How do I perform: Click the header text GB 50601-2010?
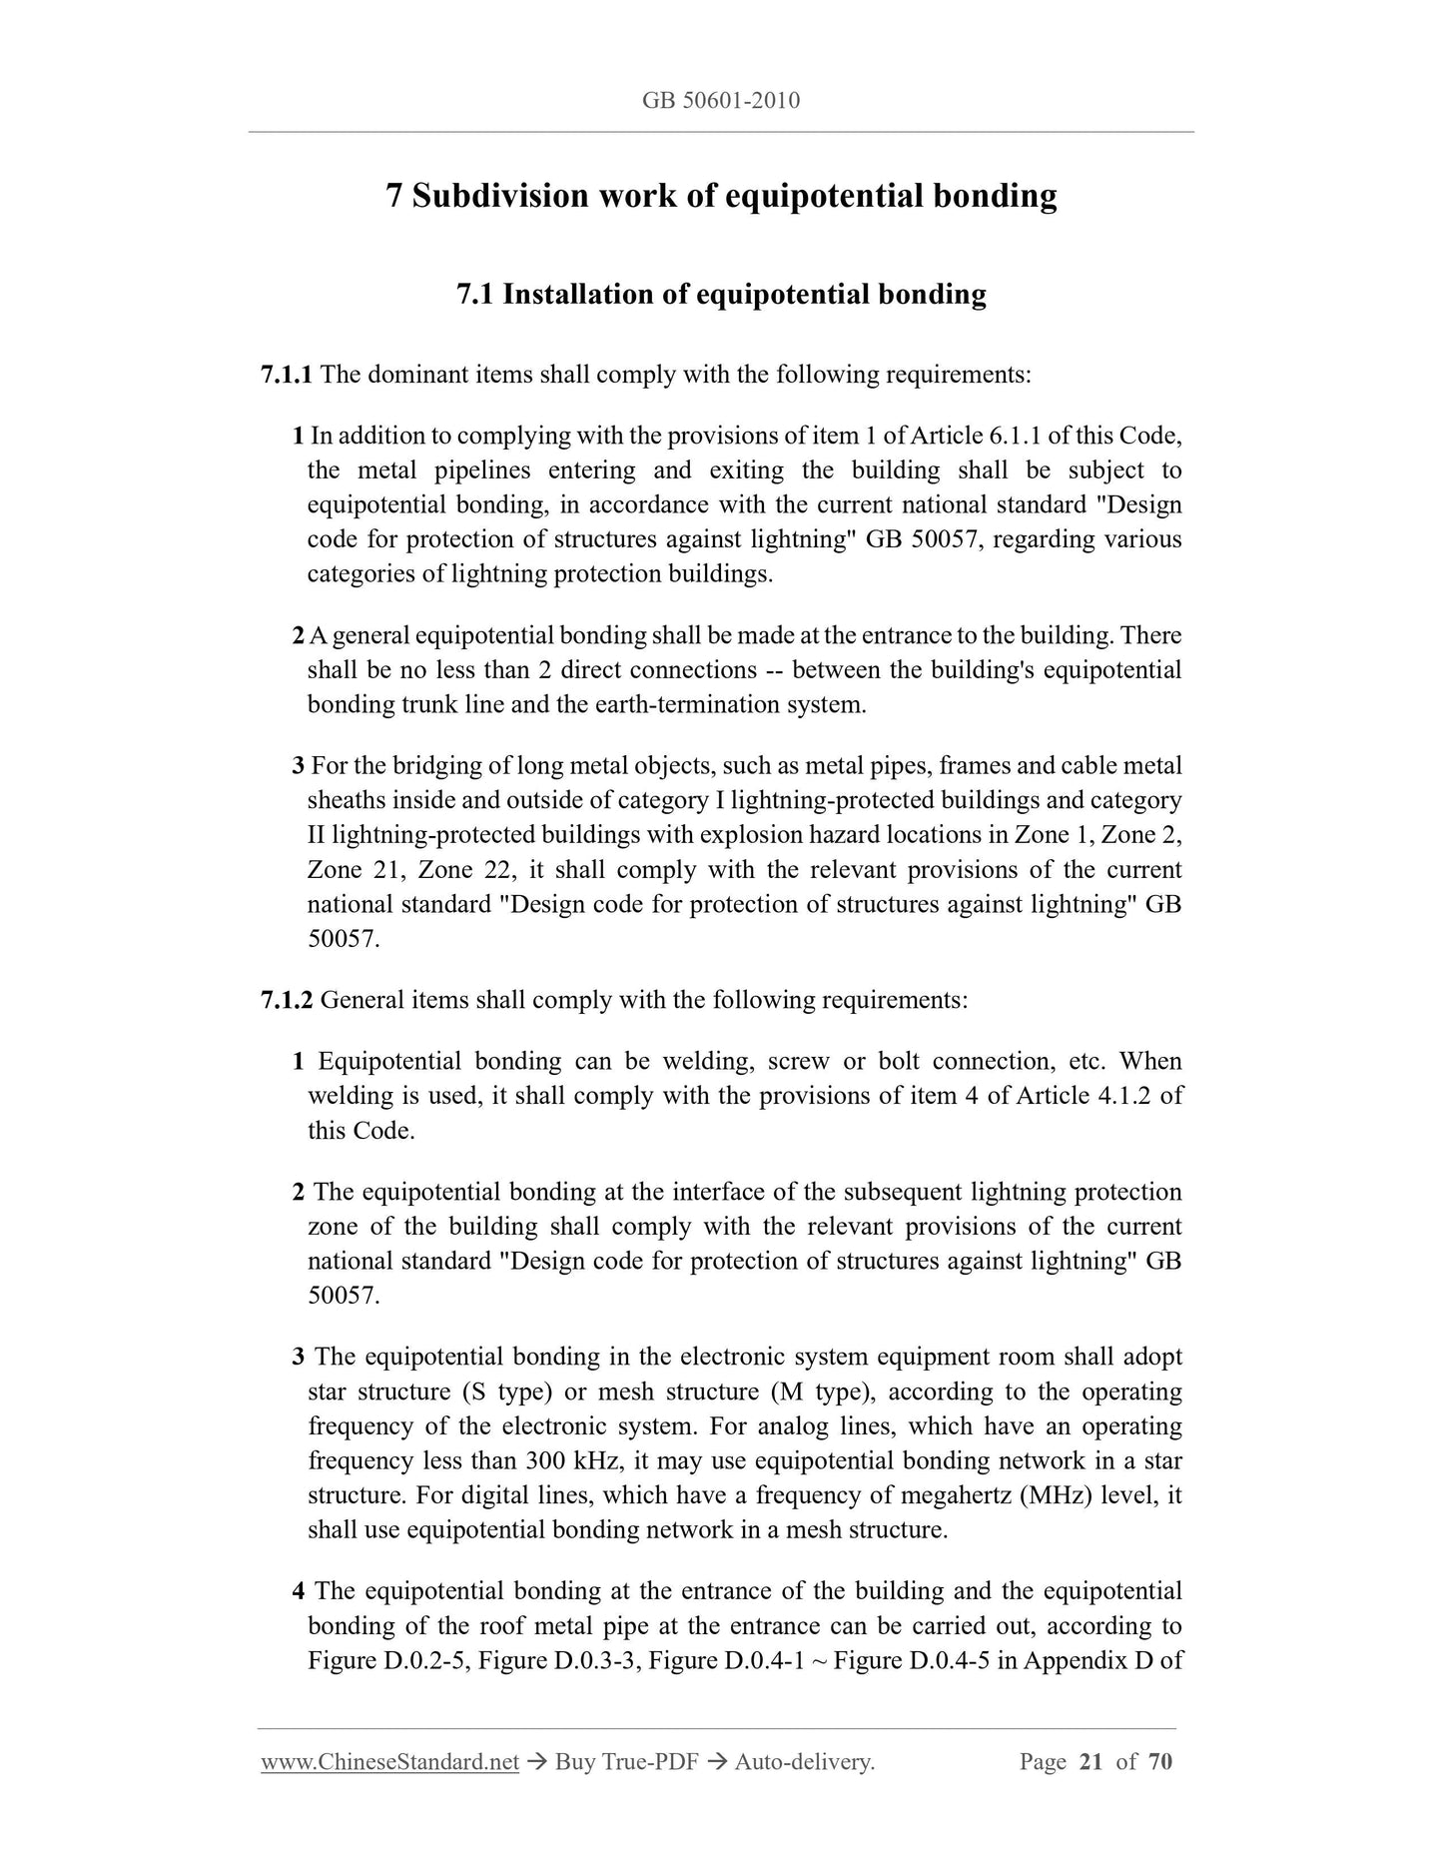coord(721,101)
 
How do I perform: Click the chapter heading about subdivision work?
coord(721,195)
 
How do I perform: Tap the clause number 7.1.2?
coord(287,1000)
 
